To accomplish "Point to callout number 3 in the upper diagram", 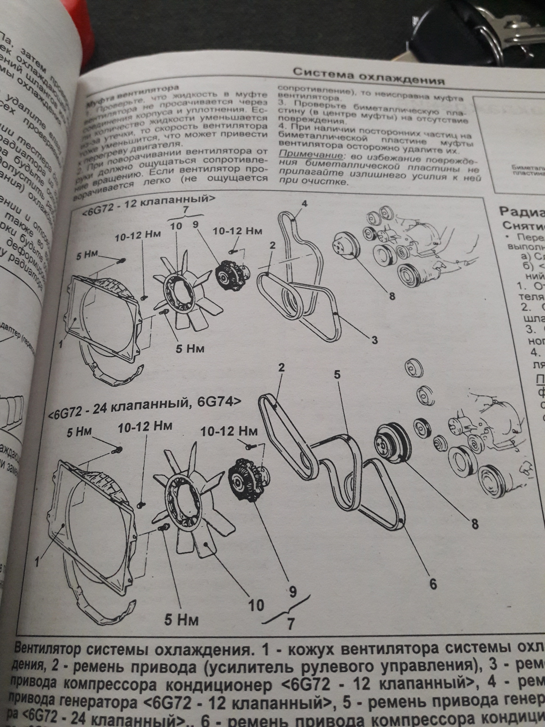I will click(x=374, y=340).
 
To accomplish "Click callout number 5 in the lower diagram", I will click(x=337, y=375).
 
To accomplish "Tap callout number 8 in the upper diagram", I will click(x=392, y=296).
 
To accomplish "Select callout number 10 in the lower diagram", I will click(x=256, y=605).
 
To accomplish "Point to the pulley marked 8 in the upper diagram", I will click(x=346, y=246).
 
